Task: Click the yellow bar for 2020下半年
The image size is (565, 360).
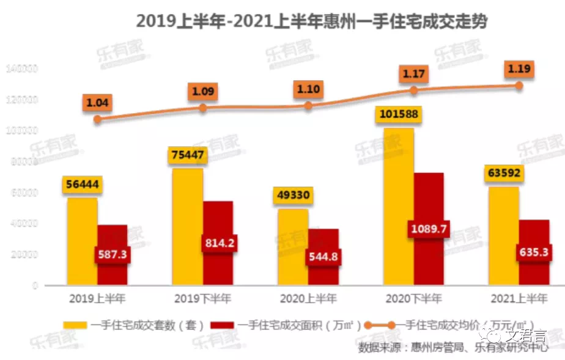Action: (x=399, y=208)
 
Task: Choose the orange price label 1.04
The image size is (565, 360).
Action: (x=97, y=103)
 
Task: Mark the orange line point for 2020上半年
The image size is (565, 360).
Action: (x=308, y=105)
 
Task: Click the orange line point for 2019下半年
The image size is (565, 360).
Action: (x=203, y=108)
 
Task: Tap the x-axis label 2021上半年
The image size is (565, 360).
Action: (x=519, y=299)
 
